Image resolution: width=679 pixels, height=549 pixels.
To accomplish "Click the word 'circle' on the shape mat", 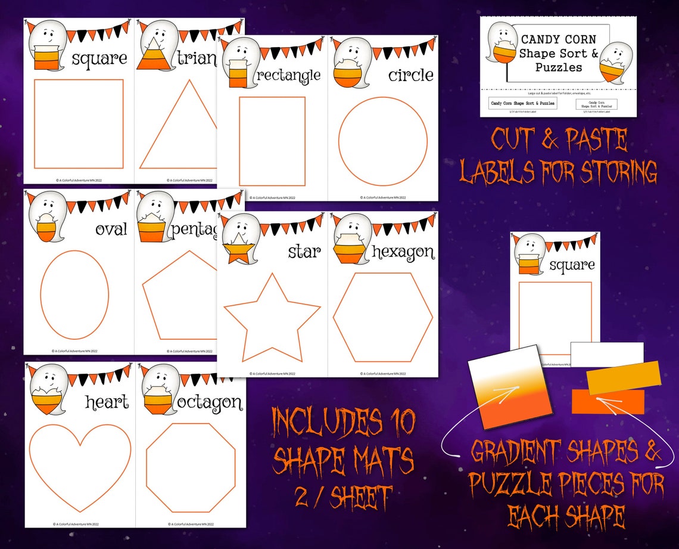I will point(411,76).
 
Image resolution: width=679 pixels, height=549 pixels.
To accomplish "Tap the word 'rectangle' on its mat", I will point(289,76).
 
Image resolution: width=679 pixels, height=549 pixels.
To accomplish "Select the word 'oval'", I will point(111,229).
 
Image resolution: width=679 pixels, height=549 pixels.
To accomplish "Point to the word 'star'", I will point(304,252).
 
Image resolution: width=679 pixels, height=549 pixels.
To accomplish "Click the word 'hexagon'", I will point(403,252).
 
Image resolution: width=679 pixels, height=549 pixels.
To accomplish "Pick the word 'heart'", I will point(107,402).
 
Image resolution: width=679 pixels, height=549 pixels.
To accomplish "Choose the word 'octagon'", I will point(209,402).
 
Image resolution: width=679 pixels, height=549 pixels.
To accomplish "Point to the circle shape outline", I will point(383,141).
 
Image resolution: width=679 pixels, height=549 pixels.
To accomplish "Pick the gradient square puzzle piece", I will point(504,387).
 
